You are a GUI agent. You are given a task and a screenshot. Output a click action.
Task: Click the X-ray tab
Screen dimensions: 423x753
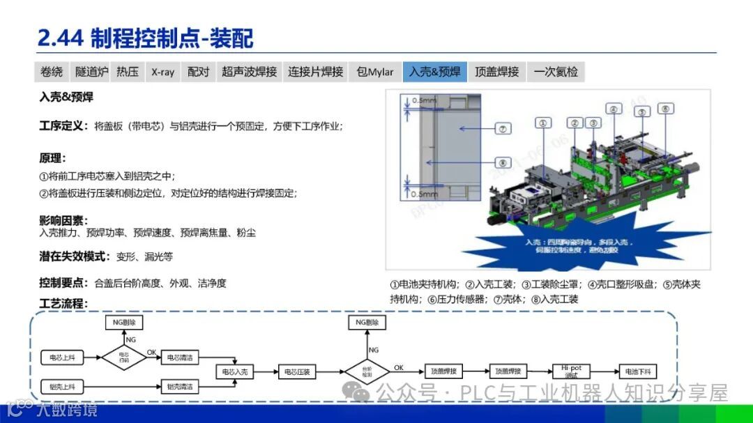162,72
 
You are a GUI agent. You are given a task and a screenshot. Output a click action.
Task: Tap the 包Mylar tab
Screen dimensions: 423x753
374,72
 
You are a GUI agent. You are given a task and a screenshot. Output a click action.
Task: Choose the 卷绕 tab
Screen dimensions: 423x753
52,72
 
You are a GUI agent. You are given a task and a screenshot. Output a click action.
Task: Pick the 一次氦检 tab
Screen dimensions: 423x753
556,72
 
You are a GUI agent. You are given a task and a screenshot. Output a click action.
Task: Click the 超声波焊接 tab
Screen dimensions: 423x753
249,72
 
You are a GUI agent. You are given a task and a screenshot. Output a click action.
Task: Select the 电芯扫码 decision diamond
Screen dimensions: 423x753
124,357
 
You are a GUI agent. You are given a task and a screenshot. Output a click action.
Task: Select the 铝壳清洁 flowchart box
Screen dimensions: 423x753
179,385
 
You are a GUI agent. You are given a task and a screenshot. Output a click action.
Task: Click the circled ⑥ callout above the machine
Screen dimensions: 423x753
664,109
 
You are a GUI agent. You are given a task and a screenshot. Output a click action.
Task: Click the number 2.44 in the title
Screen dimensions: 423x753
60,38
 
